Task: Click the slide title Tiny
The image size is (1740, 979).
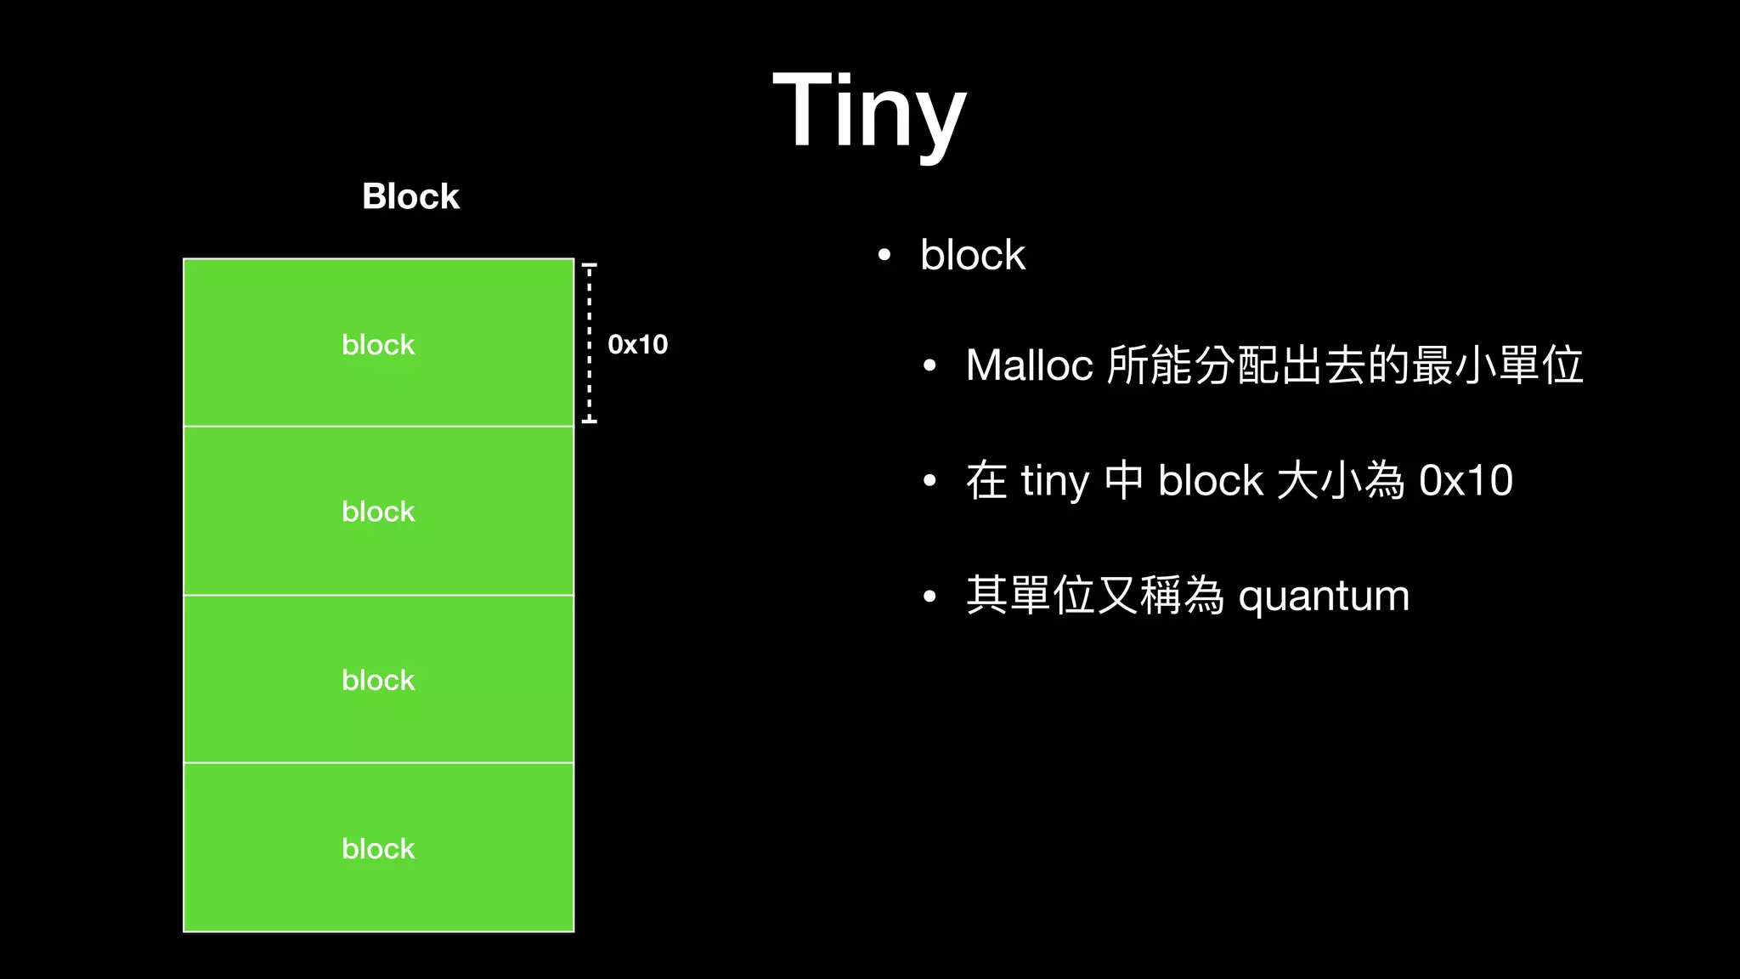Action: (869, 111)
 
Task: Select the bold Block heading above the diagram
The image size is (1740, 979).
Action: (410, 196)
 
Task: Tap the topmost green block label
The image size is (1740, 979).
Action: (378, 345)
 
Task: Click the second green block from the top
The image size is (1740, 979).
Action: (378, 512)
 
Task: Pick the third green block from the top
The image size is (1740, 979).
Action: (378, 680)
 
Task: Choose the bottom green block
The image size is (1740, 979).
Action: (378, 848)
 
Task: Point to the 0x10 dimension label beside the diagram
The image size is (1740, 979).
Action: (637, 344)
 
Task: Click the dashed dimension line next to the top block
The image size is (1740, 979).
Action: (589, 342)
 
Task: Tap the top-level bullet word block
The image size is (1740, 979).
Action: (973, 255)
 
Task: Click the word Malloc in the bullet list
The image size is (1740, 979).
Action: (1029, 365)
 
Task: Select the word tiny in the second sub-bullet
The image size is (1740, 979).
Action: (1054, 481)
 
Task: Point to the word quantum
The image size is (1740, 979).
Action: (1324, 597)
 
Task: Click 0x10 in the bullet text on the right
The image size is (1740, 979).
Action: (1466, 481)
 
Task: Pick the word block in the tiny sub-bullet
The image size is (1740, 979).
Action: (1211, 481)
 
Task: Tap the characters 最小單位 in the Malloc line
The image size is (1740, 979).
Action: (1498, 365)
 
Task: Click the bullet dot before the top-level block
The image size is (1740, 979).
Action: (884, 255)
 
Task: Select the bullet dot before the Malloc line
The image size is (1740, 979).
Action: (929, 366)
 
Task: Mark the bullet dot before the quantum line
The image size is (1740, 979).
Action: (929, 597)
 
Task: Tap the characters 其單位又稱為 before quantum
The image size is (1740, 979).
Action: (1094, 596)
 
